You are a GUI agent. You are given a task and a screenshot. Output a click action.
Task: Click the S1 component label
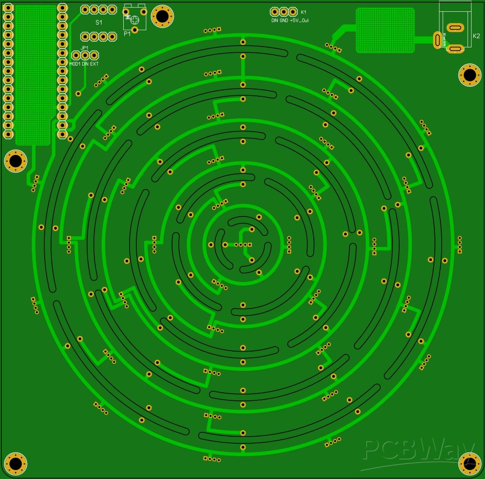98,22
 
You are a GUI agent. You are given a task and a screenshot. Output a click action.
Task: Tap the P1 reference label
127,33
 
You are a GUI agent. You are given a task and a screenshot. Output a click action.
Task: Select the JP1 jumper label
84,48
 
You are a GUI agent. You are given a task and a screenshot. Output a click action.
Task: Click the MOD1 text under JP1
75,64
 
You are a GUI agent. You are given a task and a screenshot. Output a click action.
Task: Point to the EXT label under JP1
94,64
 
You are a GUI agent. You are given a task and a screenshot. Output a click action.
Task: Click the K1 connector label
303,12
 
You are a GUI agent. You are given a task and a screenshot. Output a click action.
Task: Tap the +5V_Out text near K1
299,21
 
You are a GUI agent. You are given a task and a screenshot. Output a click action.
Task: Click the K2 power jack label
476,36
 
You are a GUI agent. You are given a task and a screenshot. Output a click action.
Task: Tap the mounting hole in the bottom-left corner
16,463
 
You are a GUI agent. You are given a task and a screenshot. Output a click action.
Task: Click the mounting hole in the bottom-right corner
470,463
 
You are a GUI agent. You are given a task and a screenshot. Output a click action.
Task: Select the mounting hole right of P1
162,17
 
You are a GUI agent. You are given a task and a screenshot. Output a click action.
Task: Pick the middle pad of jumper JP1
85,55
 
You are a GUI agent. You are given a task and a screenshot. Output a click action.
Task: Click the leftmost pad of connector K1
275,12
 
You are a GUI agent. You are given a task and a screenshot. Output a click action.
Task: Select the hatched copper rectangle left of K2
385,30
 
